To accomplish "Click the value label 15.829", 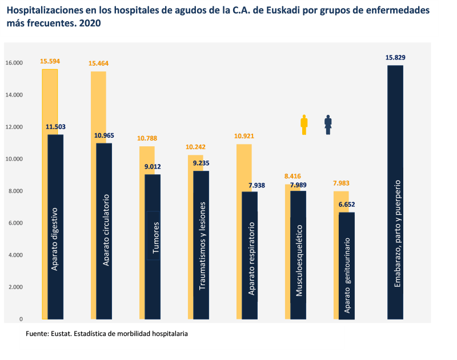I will coord(395,58).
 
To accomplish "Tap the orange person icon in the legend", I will coord(304,125).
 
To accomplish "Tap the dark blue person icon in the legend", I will coord(328,125).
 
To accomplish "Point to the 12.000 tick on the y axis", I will coord(14,127).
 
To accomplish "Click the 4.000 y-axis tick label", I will coord(14,255).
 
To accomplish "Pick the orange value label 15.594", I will coord(50,61).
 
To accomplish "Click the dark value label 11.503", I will coord(55,127).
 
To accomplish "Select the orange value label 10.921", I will coord(244,136).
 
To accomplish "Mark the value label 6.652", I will coord(347,205).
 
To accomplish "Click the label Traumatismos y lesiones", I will coord(202,246).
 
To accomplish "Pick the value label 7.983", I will coord(340,183).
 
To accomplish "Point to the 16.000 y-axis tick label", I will coord(14,63).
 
